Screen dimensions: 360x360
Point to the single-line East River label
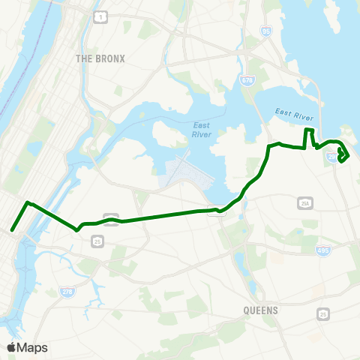(x=292, y=113)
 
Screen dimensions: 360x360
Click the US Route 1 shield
(x=102, y=16)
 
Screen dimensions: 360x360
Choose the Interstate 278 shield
(x=67, y=289)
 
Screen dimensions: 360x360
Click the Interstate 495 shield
(x=323, y=250)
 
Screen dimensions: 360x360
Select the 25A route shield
(x=304, y=202)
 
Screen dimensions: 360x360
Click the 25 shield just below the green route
(x=97, y=240)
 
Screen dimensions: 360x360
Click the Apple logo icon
(x=12, y=347)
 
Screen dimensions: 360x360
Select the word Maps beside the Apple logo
(x=33, y=347)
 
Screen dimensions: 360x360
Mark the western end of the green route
(x=12, y=229)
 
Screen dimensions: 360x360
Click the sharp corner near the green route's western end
(x=28, y=202)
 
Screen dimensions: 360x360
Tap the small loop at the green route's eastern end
(x=343, y=155)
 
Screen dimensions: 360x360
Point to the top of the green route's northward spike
(x=308, y=131)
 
